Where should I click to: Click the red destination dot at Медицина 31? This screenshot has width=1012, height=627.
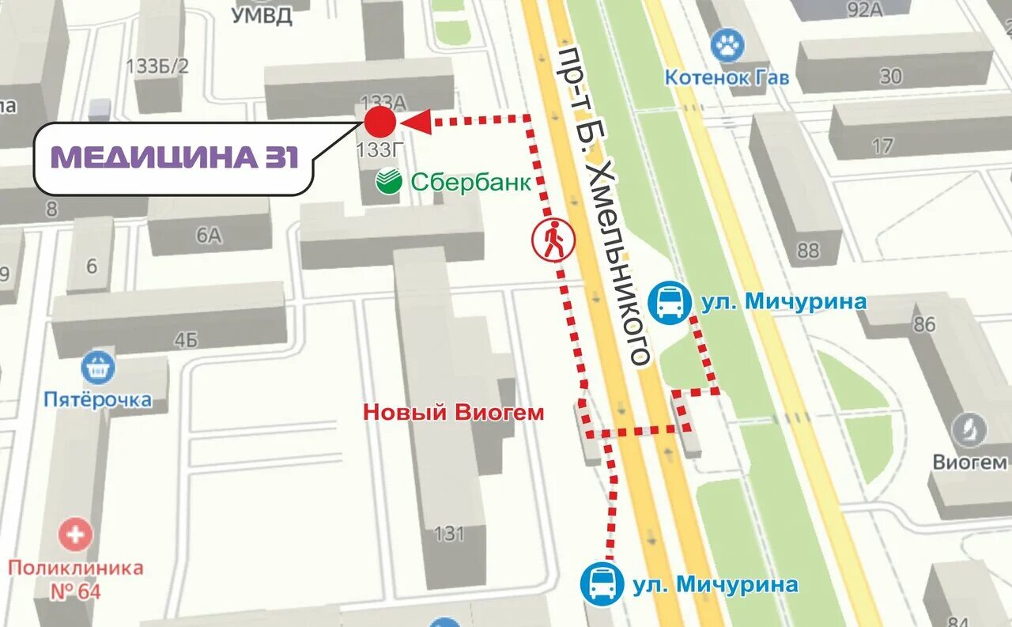pos(380,122)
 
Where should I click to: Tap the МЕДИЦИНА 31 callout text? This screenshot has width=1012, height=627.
pos(175,157)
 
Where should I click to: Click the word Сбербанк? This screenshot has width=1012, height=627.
pos(470,182)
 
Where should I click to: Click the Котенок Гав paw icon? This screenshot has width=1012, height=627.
pos(727,46)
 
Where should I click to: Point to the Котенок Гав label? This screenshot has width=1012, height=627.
pos(727,77)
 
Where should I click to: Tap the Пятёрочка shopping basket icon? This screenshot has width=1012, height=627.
pos(98,368)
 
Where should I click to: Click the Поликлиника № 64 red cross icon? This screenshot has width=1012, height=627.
pos(76,535)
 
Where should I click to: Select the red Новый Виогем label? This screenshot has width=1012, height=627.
pos(454,412)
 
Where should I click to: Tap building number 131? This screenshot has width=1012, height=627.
pos(449,534)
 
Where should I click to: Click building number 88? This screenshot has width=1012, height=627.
pos(808,251)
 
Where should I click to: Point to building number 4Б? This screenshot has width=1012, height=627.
pos(186,340)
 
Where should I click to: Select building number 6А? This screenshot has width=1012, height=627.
pos(209,235)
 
